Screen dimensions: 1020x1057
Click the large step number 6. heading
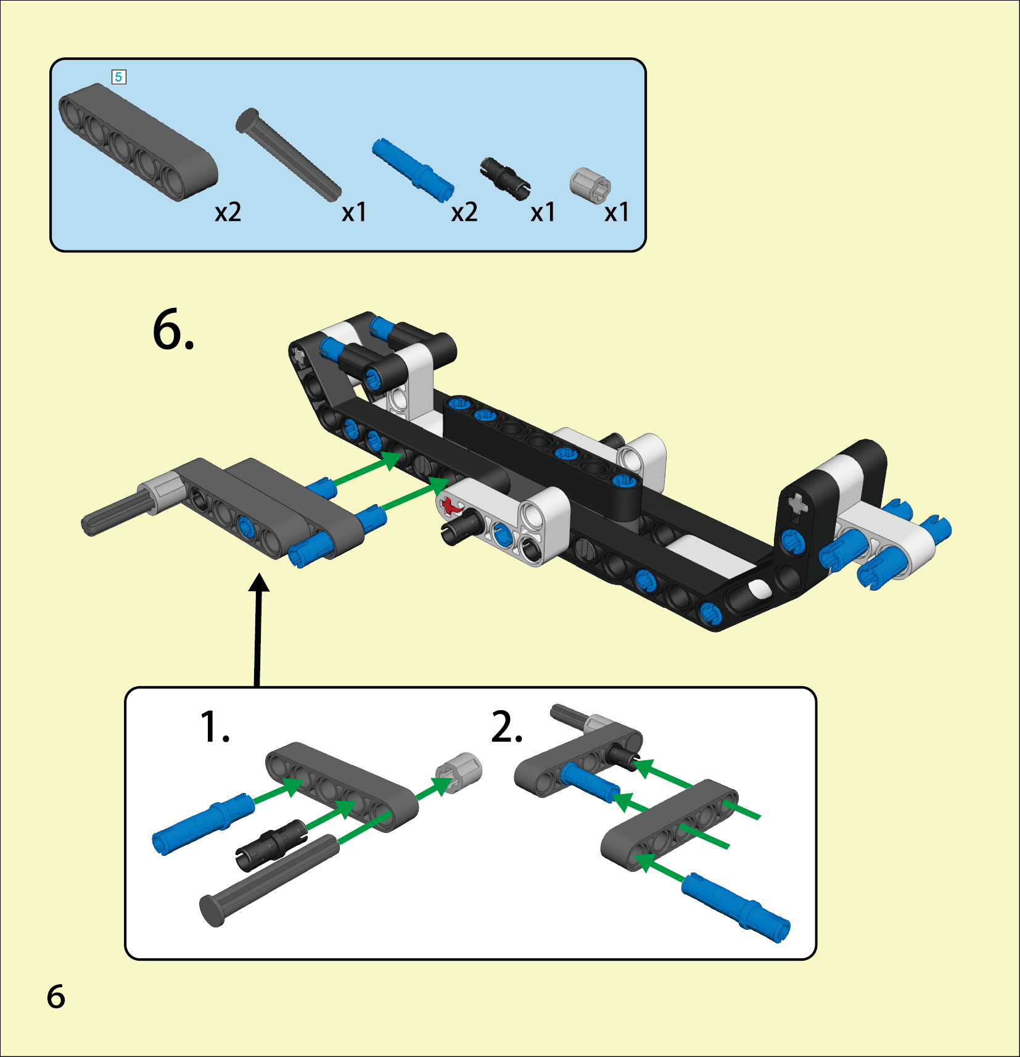click(x=173, y=330)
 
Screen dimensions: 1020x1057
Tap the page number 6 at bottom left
click(x=56, y=997)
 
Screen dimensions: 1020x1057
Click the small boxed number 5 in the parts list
click(x=118, y=77)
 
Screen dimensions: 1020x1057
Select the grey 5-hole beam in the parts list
click(x=138, y=143)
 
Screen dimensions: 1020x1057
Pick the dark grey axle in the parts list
click(x=288, y=154)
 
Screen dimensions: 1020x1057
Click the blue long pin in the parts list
click(x=413, y=170)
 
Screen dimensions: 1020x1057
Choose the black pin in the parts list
click(x=504, y=176)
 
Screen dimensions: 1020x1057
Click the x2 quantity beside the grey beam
click(x=228, y=212)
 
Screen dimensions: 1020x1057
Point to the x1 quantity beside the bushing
click(x=616, y=212)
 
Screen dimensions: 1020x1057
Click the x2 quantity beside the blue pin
click(x=464, y=212)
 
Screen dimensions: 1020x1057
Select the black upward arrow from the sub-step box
click(x=258, y=629)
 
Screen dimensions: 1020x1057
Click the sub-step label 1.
click(x=215, y=726)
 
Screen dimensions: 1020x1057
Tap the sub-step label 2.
click(x=507, y=726)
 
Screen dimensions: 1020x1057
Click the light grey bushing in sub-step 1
click(x=458, y=773)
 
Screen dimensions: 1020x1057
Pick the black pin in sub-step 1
click(x=271, y=845)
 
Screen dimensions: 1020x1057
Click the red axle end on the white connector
click(x=451, y=507)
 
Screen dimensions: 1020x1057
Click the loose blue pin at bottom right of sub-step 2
click(x=736, y=907)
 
